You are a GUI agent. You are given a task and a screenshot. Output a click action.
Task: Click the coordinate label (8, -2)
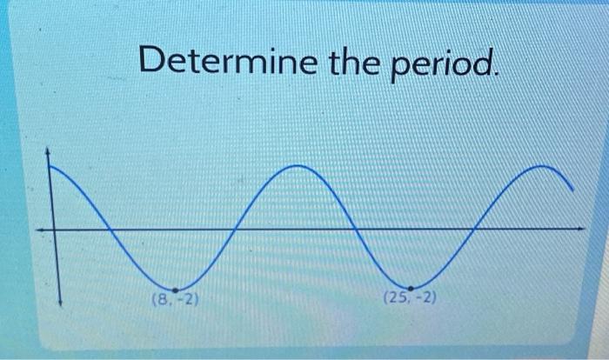click(175, 300)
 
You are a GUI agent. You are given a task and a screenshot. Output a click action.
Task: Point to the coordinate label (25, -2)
click(410, 299)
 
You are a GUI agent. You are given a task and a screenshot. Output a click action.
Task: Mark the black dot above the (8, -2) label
click(176, 290)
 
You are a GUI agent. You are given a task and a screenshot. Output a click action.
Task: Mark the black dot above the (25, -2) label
click(410, 288)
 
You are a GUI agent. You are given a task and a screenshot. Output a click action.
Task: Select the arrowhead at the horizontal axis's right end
click(581, 230)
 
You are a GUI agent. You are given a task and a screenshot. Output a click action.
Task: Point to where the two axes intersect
click(53, 230)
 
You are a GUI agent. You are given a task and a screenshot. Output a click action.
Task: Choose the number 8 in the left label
click(160, 300)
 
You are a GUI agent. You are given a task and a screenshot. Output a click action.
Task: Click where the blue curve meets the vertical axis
click(50, 169)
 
